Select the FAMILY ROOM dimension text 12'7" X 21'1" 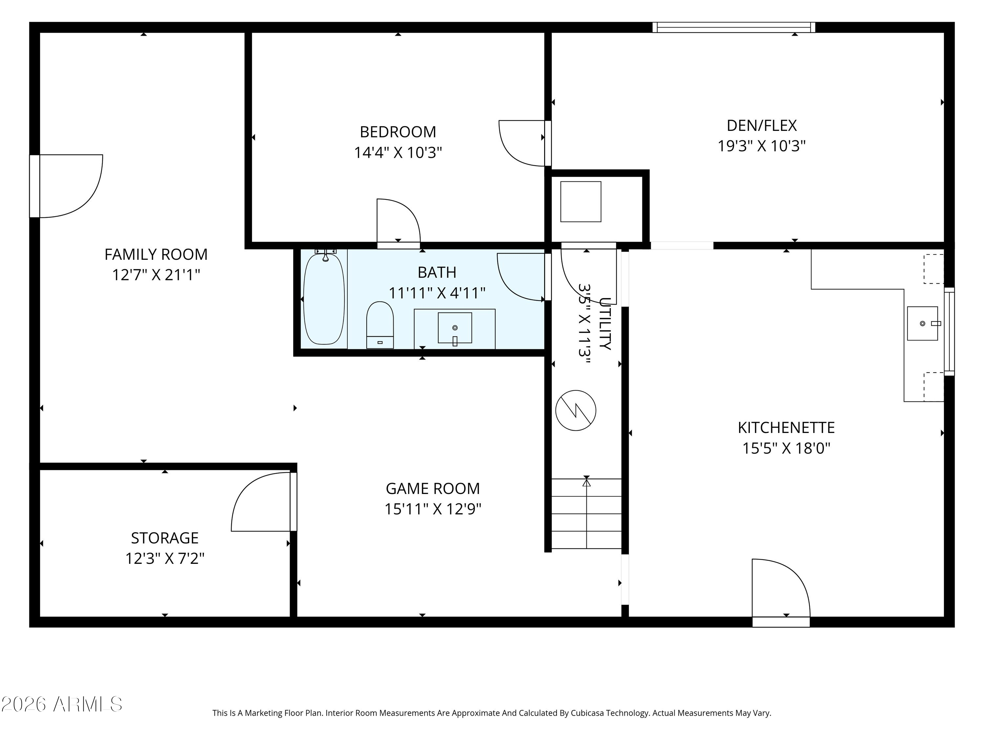[156, 275]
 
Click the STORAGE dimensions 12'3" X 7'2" [165, 558]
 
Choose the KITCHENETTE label [786, 427]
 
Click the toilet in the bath [380, 325]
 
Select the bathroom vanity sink [455, 328]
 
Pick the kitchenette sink [923, 323]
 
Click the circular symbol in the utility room [576, 410]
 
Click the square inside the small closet [581, 201]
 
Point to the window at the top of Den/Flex [734, 27]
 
